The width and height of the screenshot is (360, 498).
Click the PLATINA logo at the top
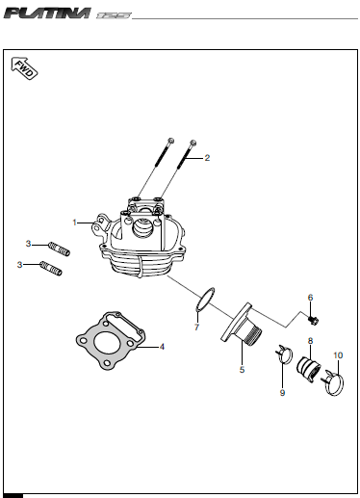pos(47,13)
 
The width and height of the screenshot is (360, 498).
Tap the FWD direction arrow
pos(24,68)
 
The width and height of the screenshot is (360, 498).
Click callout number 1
pos(75,223)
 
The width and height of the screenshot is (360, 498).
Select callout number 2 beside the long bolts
pos(207,158)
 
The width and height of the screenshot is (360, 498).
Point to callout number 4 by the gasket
pos(162,347)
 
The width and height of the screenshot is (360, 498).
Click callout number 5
pos(242,370)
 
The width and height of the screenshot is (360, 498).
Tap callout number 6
pos(310,298)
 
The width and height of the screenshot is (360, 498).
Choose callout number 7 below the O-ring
pos(196,328)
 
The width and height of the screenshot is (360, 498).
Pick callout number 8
pos(310,341)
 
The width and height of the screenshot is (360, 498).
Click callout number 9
pos(282,393)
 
